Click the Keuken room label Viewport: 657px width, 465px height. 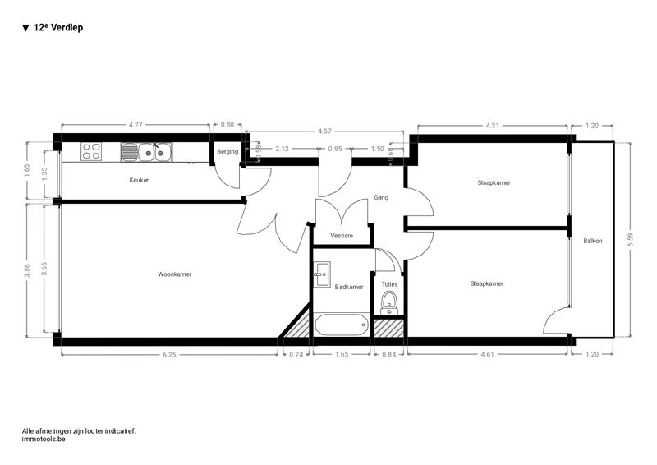click(x=140, y=180)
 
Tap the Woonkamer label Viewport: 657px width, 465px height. click(x=175, y=274)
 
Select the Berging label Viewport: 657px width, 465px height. click(x=227, y=152)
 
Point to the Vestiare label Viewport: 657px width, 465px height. click(x=342, y=236)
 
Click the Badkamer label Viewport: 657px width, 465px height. click(x=349, y=287)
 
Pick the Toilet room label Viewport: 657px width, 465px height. click(x=389, y=284)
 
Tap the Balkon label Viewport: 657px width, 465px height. click(x=592, y=241)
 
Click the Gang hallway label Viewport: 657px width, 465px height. click(x=381, y=197)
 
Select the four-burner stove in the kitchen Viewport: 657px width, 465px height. click(x=91, y=152)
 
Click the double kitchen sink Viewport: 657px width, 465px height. click(x=146, y=152)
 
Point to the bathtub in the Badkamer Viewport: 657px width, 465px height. click(x=342, y=325)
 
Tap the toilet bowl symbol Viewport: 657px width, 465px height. click(x=389, y=303)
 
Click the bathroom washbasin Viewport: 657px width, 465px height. click(x=322, y=274)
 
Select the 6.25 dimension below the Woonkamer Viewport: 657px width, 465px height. click(x=169, y=355)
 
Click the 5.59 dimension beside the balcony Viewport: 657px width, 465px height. click(x=631, y=240)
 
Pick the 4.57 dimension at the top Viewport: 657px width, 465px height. click(x=324, y=131)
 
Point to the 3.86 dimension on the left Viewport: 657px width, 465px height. click(x=27, y=270)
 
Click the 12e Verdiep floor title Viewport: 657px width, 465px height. click(x=53, y=28)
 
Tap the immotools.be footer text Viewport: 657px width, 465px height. click(x=44, y=440)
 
